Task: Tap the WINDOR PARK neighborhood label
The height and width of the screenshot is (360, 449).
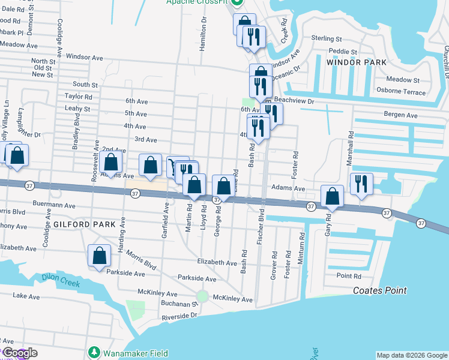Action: pos(352,62)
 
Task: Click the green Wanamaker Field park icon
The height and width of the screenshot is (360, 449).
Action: pos(94,352)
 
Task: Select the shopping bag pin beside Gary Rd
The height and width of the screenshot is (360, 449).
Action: pos(332,196)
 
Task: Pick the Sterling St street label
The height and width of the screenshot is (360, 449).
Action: pos(326,38)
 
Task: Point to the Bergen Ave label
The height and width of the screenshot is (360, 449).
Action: pos(400,114)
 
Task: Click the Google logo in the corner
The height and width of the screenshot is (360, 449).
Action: pos(19,353)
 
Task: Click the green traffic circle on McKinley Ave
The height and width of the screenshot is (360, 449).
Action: pos(202,296)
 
